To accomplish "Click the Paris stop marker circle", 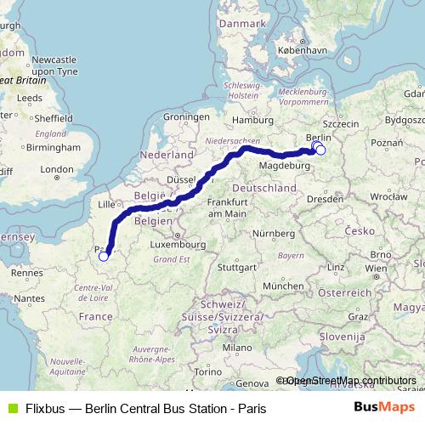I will pos(104,256).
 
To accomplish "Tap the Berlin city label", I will pos(318,137).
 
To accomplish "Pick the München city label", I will pos(282,286).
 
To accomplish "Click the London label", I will pos(57,169).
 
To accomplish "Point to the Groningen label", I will pos(185,116).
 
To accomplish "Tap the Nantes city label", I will pos(29,298).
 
